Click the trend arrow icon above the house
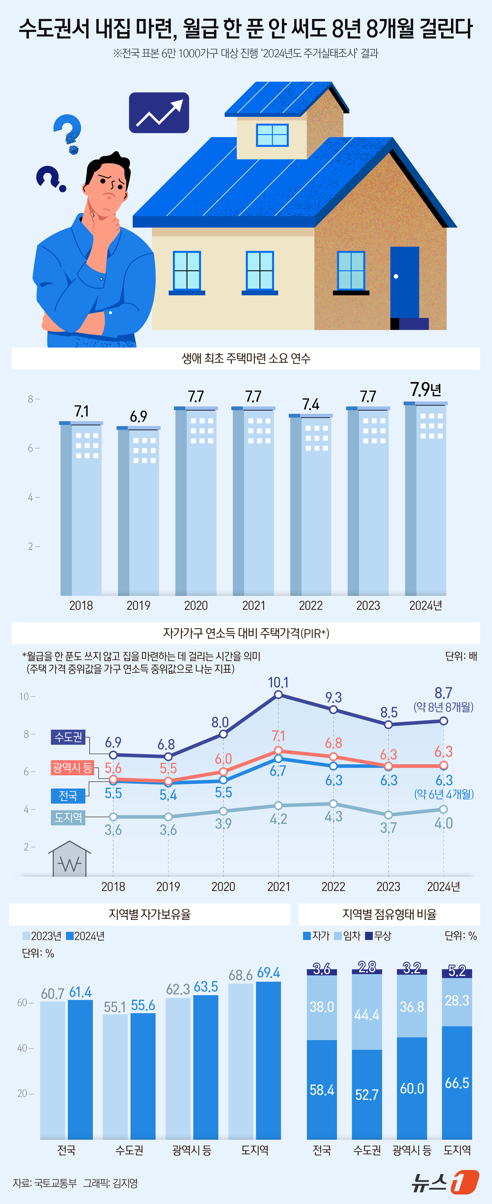click(x=159, y=112)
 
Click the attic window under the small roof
click(x=272, y=135)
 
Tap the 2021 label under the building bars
click(x=253, y=606)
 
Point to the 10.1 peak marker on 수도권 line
click(x=278, y=695)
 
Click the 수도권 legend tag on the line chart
click(x=68, y=738)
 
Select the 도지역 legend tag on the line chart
click(x=68, y=817)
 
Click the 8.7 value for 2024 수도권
click(x=443, y=693)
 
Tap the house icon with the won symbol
click(x=70, y=859)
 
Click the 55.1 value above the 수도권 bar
click(x=115, y=1007)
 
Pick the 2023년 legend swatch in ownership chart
click(x=26, y=936)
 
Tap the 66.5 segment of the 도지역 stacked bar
click(x=457, y=1082)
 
